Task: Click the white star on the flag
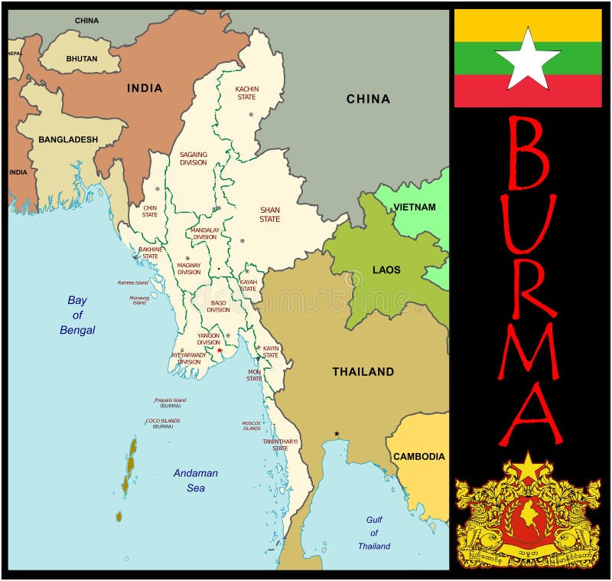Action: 528,60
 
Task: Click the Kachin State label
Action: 246,93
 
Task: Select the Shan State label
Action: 269,214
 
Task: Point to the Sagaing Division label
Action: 194,158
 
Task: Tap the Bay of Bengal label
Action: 77,315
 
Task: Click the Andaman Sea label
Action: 194,480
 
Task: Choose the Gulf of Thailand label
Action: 374,533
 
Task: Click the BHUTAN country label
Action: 81,58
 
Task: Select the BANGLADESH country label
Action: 69,139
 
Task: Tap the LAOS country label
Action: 386,269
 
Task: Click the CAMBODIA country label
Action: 418,456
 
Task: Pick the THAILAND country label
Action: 363,371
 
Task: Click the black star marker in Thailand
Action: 336,434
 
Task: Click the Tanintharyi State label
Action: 280,445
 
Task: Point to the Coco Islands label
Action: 163,423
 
